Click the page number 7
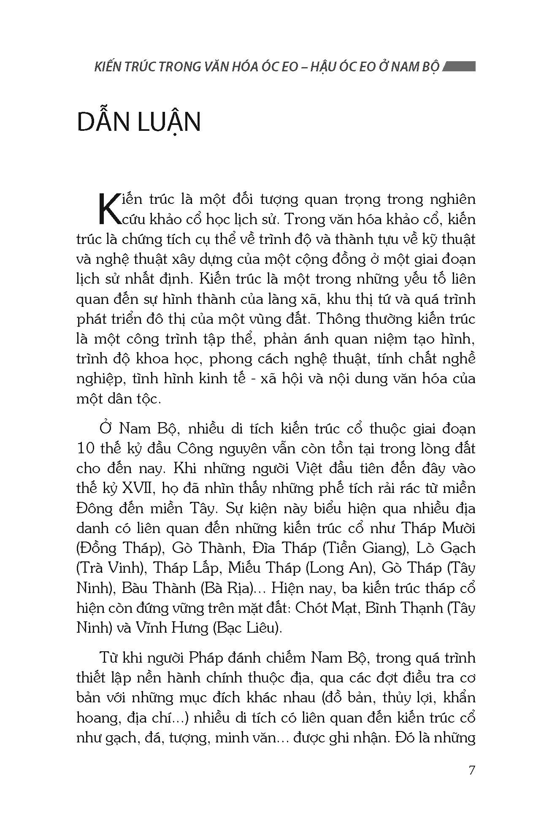coord(472,770)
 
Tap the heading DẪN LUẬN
coord(139,122)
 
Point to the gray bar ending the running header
coord(460,67)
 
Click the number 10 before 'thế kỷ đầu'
coord(86,448)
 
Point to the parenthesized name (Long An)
coord(341,568)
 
